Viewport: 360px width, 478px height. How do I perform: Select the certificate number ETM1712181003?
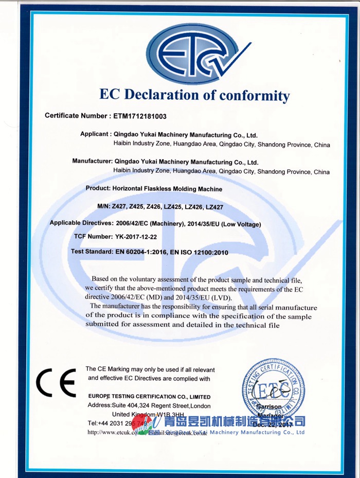pyautogui.click(x=139, y=116)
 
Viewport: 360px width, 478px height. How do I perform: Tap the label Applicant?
pyautogui.click(x=95, y=134)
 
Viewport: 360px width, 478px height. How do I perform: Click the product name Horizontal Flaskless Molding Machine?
pyautogui.click(x=168, y=189)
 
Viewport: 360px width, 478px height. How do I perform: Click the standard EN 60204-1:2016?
pyautogui.click(x=139, y=253)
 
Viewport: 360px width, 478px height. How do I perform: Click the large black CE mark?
pyautogui.click(x=55, y=383)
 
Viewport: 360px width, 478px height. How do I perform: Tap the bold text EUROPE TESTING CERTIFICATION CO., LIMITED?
pyautogui.click(x=149, y=397)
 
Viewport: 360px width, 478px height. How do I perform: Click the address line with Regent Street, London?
pyautogui.click(x=149, y=406)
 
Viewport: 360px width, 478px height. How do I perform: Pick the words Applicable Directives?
pyautogui.click(x=80, y=223)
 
